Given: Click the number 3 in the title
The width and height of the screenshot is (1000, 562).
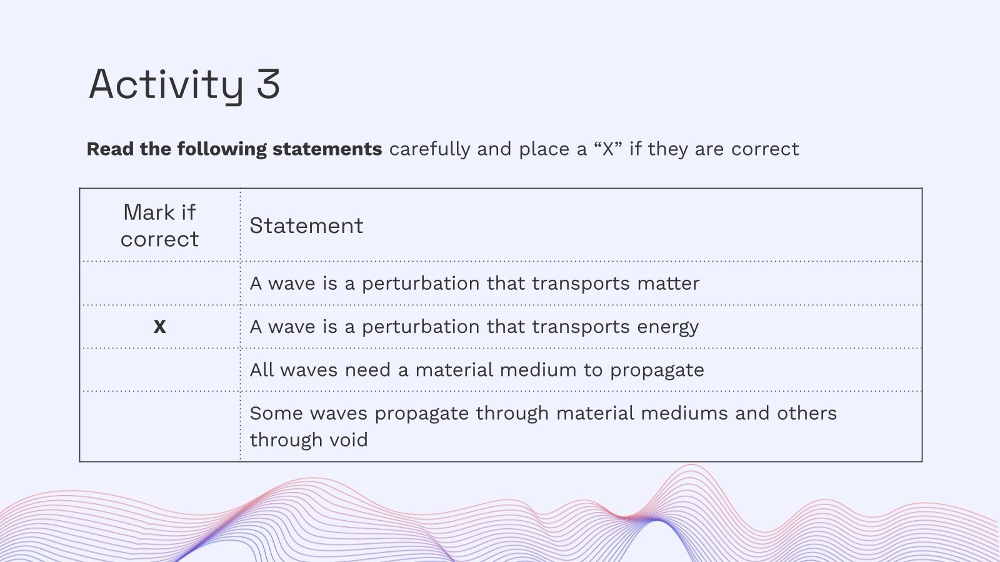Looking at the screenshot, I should [268, 84].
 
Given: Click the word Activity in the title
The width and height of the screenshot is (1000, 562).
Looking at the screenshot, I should [166, 86].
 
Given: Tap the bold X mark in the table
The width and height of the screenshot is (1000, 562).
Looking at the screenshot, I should [160, 327].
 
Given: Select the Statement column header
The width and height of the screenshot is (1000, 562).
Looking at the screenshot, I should [306, 225].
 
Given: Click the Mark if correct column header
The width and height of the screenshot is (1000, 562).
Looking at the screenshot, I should [160, 225].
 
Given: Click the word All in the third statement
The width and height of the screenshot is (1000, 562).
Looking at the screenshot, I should [262, 370].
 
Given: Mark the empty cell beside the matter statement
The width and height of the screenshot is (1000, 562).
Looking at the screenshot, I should [160, 283].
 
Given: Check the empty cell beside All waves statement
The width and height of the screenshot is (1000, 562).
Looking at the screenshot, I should [160, 370].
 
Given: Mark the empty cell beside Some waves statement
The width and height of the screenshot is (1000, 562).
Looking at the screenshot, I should [160, 426].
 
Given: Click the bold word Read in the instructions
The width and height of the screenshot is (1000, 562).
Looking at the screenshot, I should [110, 149].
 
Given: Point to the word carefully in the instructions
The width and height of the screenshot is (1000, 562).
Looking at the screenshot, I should [429, 149].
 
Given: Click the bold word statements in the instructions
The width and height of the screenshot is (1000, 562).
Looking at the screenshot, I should [327, 149].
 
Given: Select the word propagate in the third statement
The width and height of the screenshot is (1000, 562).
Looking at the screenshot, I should [657, 370].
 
